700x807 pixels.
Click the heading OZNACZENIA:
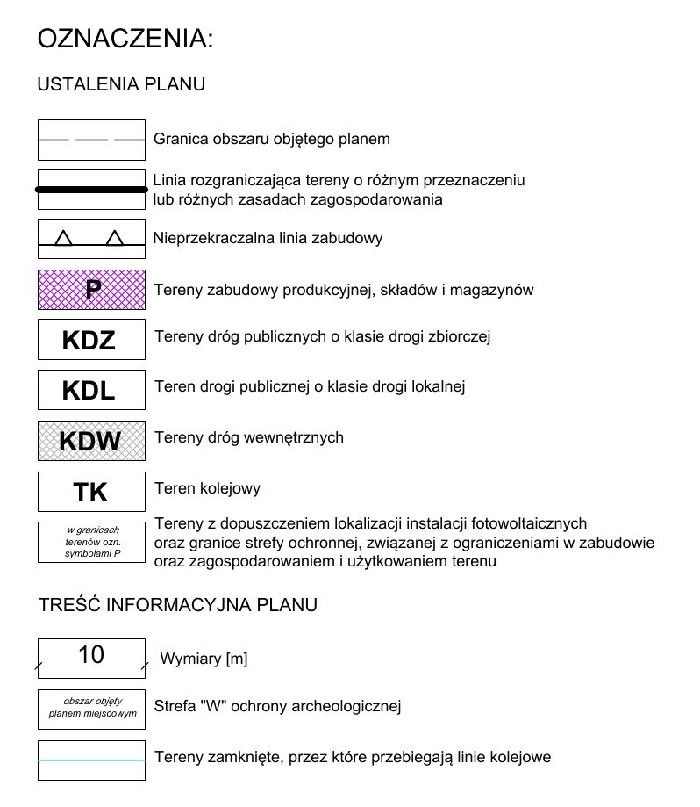[x=125, y=39]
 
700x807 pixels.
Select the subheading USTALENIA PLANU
[x=121, y=84]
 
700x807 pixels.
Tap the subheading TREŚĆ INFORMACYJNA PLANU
[x=178, y=605]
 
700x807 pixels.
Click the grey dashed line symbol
[x=91, y=140]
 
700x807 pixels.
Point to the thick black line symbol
[x=91, y=189]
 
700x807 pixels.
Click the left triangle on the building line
[x=63, y=238]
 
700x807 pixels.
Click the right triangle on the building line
[x=115, y=238]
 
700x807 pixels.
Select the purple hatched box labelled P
[x=91, y=289]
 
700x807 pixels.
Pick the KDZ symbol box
[x=91, y=339]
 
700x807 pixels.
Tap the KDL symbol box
[x=91, y=389]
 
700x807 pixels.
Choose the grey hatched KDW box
[x=91, y=440]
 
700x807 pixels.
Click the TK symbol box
[x=91, y=492]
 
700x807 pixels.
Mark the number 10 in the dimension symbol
[x=91, y=654]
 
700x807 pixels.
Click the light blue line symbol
[x=91, y=760]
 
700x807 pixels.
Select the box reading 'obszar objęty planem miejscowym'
[x=91, y=708]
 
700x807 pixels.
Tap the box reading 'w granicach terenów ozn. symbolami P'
[x=91, y=543]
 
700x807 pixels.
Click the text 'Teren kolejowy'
[x=207, y=488]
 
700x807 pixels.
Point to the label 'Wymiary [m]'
[x=204, y=659]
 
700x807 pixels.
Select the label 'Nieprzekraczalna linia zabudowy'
[x=268, y=238]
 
